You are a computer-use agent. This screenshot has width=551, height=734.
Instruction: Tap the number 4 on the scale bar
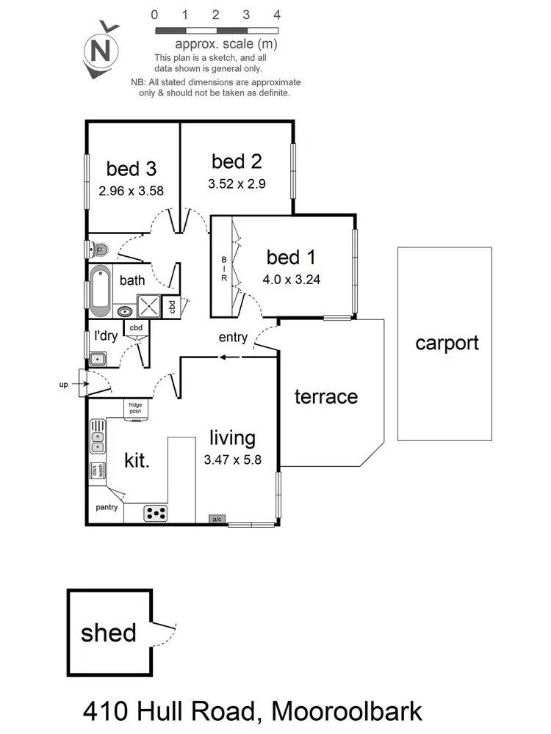coord(277,15)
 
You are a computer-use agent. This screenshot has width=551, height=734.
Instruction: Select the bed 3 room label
coord(132,169)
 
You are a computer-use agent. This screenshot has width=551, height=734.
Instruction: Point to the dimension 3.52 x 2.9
coord(237,183)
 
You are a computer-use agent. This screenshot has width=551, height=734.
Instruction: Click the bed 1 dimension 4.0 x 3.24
coord(291,279)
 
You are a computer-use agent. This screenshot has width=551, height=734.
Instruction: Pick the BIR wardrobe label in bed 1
coord(224,269)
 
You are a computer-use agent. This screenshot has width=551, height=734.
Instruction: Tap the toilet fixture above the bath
coord(99,250)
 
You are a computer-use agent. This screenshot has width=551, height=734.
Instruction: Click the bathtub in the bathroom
coord(100,291)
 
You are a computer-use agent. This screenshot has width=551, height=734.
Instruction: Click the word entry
coord(233,338)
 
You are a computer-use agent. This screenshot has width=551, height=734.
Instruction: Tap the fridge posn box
coord(136,408)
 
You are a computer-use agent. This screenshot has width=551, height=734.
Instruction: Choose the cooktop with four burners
coord(156,512)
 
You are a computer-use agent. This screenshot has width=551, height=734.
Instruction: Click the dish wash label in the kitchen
coord(96,471)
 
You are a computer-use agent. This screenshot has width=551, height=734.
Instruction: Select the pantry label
coord(107,507)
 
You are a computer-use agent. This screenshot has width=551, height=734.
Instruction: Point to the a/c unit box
coord(217,519)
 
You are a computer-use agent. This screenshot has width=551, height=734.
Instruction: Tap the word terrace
coord(326,397)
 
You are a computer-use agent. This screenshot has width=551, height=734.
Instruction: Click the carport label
coord(447,343)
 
